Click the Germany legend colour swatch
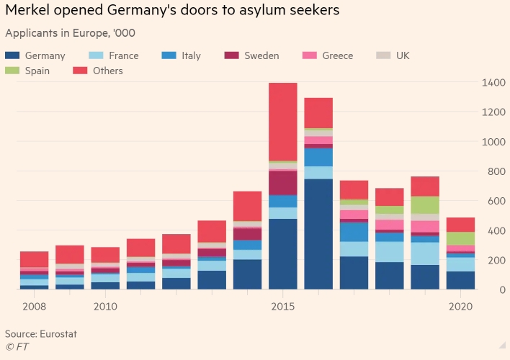click(x=12, y=55)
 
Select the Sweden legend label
click(x=261, y=55)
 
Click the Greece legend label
click(x=337, y=55)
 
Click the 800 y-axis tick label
click(x=496, y=172)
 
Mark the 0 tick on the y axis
click(x=502, y=289)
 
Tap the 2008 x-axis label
click(x=35, y=307)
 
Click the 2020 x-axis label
click(x=460, y=307)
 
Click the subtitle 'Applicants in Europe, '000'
click(x=70, y=33)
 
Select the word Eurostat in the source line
click(x=58, y=334)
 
